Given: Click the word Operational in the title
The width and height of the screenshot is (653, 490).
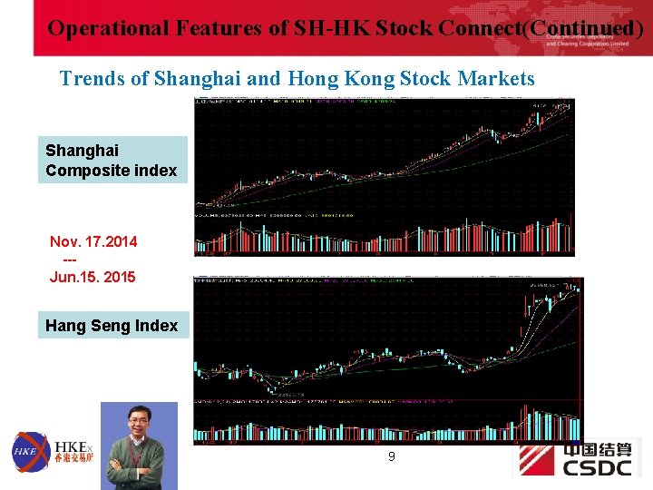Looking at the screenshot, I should pyautogui.click(x=102, y=28).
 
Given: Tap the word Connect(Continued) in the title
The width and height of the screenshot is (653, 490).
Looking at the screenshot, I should pyautogui.click(x=541, y=28).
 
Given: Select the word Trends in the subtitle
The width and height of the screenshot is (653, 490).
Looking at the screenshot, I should pyautogui.click(x=93, y=79).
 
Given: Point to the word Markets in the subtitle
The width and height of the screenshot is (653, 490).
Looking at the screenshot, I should pyautogui.click(x=496, y=79).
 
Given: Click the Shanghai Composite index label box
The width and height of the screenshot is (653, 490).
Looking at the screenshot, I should pyautogui.click(x=112, y=160).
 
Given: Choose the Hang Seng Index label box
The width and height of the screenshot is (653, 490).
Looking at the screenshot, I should pyautogui.click(x=112, y=325).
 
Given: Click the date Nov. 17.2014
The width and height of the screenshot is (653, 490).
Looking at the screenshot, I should pyautogui.click(x=93, y=241).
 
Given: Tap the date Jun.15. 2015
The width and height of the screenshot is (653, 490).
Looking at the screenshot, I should pyautogui.click(x=93, y=277).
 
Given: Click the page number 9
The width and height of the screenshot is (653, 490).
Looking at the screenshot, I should pyautogui.click(x=391, y=456).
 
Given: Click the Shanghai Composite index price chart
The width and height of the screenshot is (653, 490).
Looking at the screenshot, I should pyautogui.click(x=384, y=154).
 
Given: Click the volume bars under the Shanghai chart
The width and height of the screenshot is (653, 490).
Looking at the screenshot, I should pyautogui.click(x=384, y=238).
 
